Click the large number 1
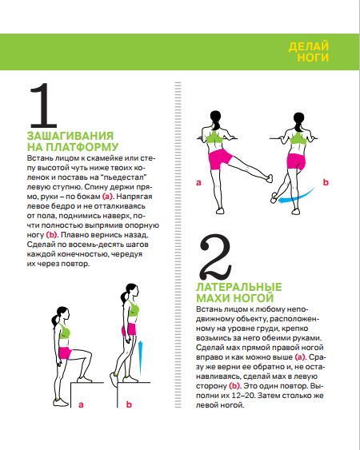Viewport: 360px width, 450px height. (x=44, y=106)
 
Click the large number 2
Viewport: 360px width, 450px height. (x=216, y=257)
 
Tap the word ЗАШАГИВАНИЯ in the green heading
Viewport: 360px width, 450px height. (x=70, y=136)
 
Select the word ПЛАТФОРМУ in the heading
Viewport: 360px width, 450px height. (x=82, y=147)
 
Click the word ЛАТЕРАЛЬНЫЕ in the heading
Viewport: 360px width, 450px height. (x=239, y=287)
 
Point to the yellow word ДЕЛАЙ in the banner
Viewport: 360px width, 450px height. (x=308, y=46)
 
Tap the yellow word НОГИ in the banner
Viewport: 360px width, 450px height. (x=313, y=57)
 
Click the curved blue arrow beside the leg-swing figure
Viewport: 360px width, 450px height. (x=296, y=197)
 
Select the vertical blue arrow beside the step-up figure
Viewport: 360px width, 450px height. (x=140, y=358)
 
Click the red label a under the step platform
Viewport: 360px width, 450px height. (x=81, y=404)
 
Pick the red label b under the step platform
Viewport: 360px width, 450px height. (x=129, y=404)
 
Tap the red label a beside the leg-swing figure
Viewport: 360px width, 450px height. (x=198, y=182)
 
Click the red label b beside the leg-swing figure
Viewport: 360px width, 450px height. (x=326, y=182)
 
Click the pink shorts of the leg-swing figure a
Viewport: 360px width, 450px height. (x=220, y=159)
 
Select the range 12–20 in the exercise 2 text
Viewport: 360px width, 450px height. (x=244, y=396)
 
